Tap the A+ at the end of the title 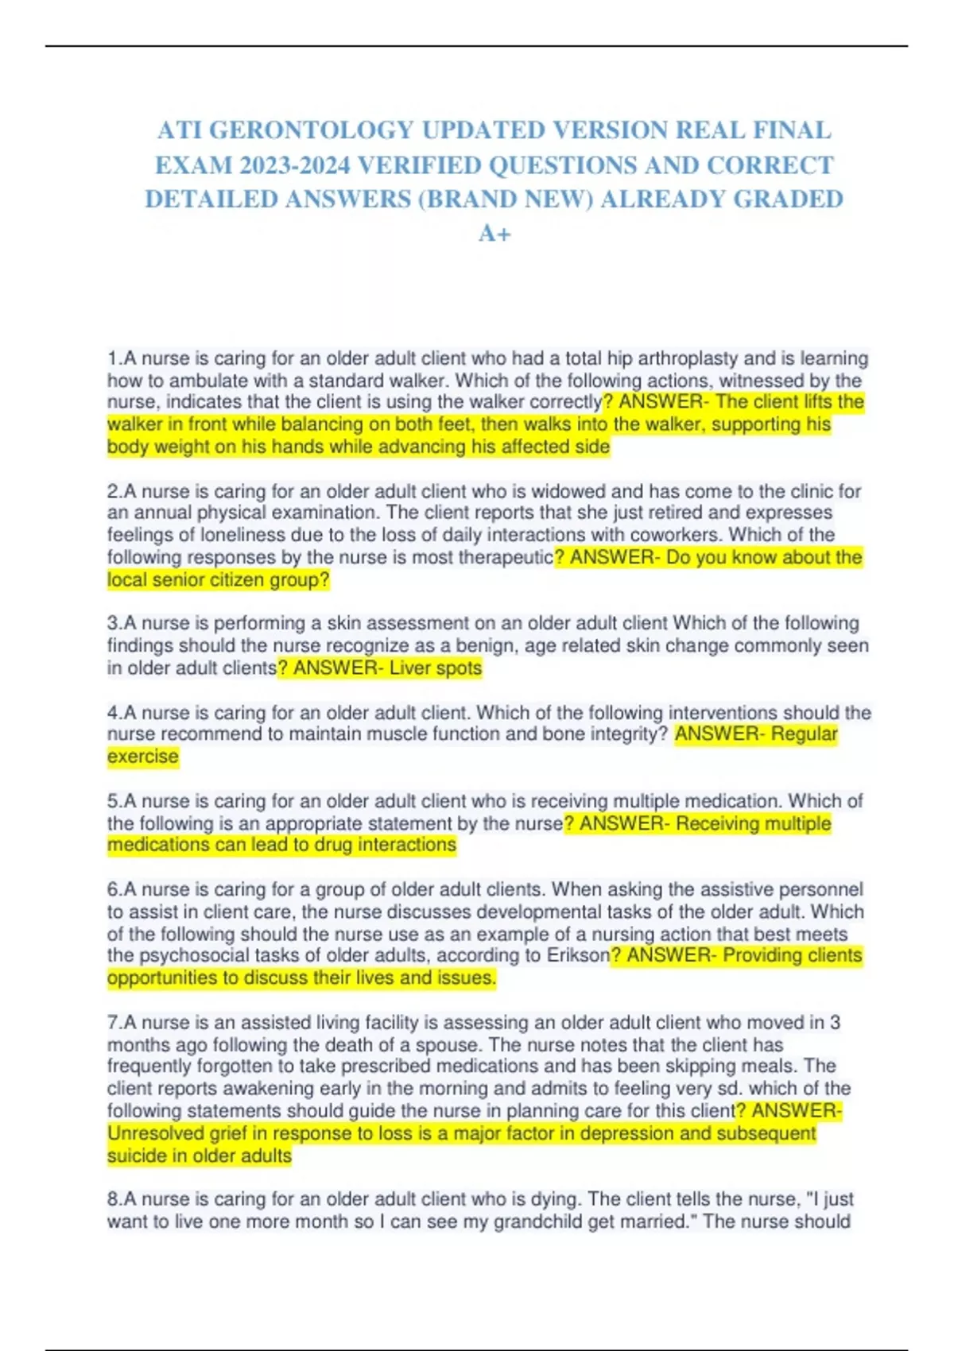pos(494,234)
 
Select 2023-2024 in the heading pos(295,165)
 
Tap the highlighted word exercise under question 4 pos(143,757)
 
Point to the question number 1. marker pos(114,358)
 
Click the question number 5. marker pos(114,801)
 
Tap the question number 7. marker pos(114,1023)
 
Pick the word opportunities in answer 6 pos(162,977)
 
